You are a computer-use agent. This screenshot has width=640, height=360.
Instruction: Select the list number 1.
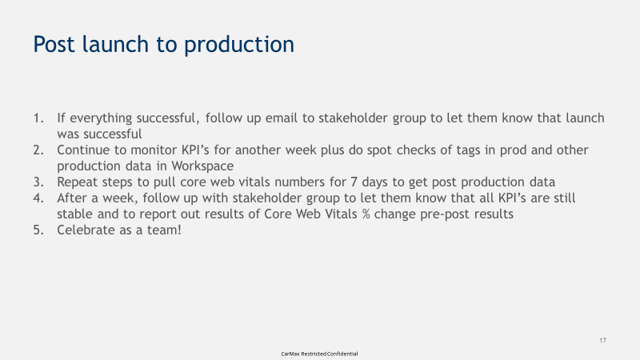tap(38, 118)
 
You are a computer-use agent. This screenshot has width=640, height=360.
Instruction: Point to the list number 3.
tap(38, 182)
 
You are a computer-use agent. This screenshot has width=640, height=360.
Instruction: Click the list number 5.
tap(38, 230)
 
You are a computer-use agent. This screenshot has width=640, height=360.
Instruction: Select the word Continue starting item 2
tap(85, 150)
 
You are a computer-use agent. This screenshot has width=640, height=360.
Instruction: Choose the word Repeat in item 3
tap(78, 182)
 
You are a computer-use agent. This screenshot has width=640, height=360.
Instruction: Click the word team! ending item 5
tap(163, 230)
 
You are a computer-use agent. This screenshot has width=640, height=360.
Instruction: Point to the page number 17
tap(602, 341)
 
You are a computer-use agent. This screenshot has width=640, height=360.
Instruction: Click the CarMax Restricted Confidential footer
tap(319, 353)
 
